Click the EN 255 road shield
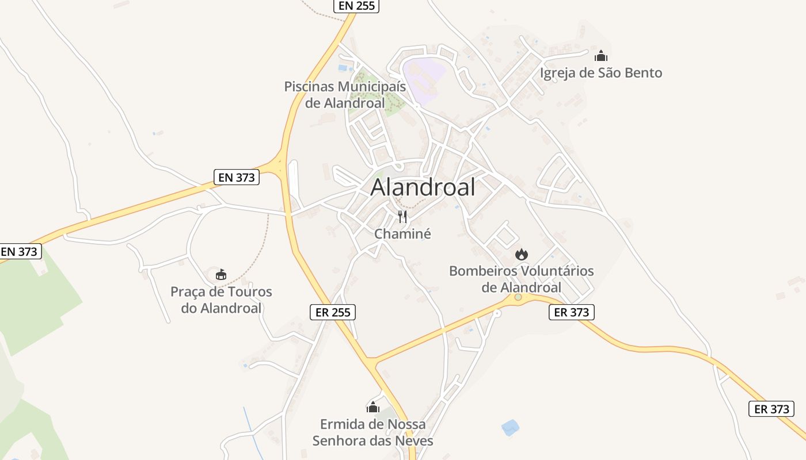tap(356, 6)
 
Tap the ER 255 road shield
tap(332, 312)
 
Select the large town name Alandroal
tap(423, 187)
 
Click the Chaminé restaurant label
tap(402, 234)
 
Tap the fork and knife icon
tap(402, 217)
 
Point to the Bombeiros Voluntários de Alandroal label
tap(521, 279)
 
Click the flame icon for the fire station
tap(521, 254)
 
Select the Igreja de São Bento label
tap(600, 73)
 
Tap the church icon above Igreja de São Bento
tap(600, 56)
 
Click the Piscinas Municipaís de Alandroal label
tap(345, 95)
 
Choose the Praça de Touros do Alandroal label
tap(221, 300)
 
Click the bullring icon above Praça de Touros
tap(221, 275)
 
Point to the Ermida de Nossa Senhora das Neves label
tap(373, 432)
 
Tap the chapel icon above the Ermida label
tap(373, 408)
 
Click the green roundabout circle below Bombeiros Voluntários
tap(518, 297)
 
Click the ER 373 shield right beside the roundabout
tap(571, 312)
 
